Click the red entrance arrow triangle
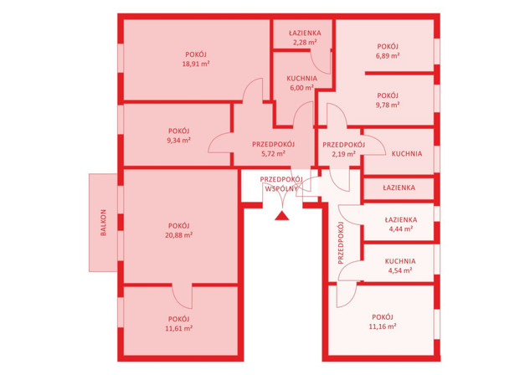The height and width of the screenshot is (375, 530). click(282, 216)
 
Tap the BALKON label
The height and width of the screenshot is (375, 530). click(104, 223)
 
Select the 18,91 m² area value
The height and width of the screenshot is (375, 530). click(196, 64)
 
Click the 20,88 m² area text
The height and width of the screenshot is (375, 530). click(179, 235)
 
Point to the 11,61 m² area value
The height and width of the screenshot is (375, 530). click(179, 328)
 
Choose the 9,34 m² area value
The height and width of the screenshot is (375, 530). click(179, 140)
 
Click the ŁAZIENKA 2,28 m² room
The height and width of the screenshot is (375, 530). click(301, 33)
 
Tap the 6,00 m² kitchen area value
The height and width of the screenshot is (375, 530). click(302, 88)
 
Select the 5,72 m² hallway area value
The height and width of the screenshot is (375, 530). click(273, 154)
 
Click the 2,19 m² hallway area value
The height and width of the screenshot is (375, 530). click(343, 154)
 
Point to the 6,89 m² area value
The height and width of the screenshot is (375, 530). click(388, 56)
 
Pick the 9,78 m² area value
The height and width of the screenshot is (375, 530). click(388, 105)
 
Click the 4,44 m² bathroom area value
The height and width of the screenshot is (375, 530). click(400, 229)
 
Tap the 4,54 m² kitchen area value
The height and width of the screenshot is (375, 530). click(400, 270)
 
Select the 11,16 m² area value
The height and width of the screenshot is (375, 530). click(383, 326)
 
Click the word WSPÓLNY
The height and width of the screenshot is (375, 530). click(281, 189)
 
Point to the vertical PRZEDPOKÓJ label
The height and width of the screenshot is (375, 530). click(341, 243)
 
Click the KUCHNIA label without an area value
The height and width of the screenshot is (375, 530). click(407, 154)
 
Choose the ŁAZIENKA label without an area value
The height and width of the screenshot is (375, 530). click(399, 187)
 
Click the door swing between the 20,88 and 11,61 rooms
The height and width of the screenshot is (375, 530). click(183, 296)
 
